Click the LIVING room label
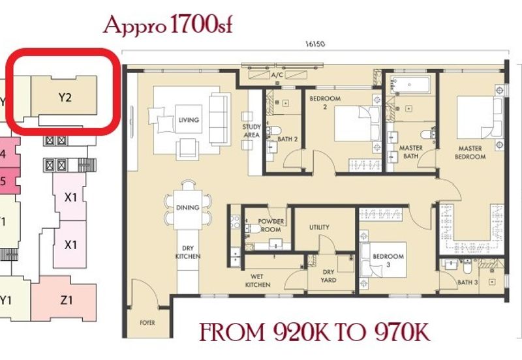click(189, 120)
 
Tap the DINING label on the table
click(188, 207)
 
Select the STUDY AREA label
click(252, 130)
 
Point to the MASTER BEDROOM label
click(470, 153)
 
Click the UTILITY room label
click(319, 227)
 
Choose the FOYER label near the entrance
click(147, 323)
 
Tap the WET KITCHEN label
click(258, 280)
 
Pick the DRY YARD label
click(328, 276)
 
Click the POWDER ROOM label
click(271, 225)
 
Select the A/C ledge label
click(277, 75)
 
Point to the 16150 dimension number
click(315, 44)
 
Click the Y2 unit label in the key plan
click(65, 97)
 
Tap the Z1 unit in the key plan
click(67, 300)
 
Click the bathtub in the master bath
click(410, 85)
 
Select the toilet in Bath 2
click(275, 130)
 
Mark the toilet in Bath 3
click(467, 265)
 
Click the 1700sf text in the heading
click(201, 25)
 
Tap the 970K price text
click(403, 332)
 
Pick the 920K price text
click(301, 332)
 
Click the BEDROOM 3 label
click(388, 260)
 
